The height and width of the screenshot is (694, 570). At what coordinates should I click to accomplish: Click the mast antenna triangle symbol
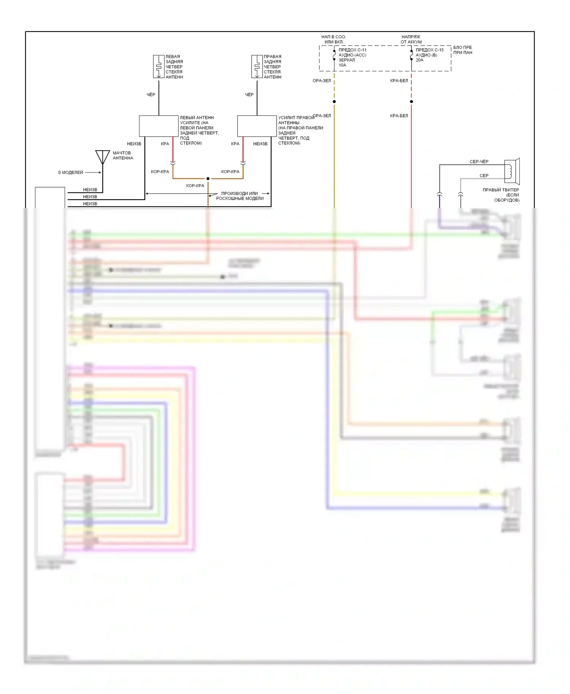[x=103, y=156]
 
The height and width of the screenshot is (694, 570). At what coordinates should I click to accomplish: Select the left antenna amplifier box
[x=158, y=126]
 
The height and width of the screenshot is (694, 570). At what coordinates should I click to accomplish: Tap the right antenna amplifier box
[x=257, y=126]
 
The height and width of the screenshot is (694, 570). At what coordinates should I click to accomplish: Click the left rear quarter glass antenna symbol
[x=158, y=66]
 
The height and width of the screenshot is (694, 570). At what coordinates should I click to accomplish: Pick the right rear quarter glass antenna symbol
[x=257, y=66]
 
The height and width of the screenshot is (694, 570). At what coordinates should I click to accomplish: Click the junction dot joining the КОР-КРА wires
[x=208, y=178]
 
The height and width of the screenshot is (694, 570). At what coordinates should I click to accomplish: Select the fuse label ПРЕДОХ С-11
[x=352, y=50]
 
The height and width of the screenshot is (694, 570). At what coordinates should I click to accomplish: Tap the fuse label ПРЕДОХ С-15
[x=429, y=50]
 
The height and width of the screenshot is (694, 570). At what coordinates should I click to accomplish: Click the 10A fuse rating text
[x=342, y=65]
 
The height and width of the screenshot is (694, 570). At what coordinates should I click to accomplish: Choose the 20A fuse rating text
[x=419, y=60]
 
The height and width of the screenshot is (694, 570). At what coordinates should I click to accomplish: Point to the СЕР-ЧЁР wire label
[x=479, y=162]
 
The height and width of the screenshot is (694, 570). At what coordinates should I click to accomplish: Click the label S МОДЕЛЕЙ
[x=70, y=172]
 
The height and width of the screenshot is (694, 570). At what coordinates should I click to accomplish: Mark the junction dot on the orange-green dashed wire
[x=334, y=101]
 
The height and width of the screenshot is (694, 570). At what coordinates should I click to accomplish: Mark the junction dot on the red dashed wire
[x=412, y=101]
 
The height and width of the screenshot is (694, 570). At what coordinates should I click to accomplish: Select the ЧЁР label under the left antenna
[x=151, y=95]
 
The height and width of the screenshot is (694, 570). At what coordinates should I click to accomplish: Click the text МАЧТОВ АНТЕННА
[x=123, y=155]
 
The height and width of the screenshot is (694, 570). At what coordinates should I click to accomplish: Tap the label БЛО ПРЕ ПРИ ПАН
[x=462, y=50]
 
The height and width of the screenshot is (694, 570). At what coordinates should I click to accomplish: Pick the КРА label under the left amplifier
[x=165, y=144]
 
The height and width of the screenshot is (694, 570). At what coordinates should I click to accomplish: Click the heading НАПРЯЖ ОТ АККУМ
[x=411, y=39]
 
